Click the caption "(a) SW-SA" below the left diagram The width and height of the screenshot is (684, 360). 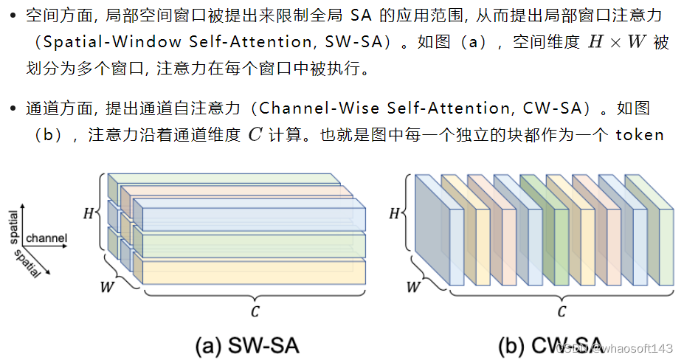point(246,345)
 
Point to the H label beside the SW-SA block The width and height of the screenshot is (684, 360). point(89,213)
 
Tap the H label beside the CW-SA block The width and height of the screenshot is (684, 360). point(394,213)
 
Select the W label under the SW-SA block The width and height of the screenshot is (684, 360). point(107,287)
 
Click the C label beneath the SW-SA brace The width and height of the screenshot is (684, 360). point(255,311)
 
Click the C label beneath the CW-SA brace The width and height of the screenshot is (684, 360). point(562,311)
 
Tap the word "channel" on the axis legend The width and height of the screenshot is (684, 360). point(46,238)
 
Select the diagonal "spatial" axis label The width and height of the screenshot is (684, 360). point(27,262)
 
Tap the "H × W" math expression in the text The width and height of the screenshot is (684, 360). point(616,43)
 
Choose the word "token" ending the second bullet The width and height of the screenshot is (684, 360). point(640,135)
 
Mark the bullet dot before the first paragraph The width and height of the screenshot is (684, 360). point(13,15)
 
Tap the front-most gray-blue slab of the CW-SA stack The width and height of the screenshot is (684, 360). point(432,229)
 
